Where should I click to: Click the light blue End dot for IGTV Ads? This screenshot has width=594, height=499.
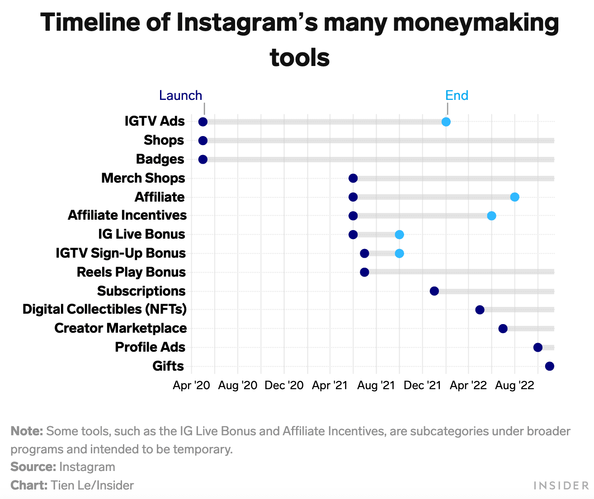click(446, 122)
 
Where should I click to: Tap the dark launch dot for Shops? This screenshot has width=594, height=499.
click(203, 141)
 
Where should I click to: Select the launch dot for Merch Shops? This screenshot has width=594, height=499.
click(353, 178)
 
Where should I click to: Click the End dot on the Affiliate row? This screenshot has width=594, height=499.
click(514, 197)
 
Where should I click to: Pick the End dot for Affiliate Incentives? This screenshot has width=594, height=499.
click(491, 216)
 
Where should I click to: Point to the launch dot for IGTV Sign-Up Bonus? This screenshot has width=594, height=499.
click(364, 253)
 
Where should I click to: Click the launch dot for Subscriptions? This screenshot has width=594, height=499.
click(434, 291)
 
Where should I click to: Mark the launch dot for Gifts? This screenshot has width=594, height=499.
click(549, 366)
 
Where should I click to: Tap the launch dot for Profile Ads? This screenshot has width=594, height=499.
click(537, 347)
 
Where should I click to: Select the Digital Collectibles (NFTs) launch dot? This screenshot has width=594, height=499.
click(480, 310)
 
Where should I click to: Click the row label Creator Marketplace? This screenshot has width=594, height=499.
click(120, 328)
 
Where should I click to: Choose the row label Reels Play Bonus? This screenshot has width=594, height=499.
click(131, 272)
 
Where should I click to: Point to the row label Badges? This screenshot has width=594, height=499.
click(160, 159)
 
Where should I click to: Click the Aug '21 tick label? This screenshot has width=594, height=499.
click(376, 386)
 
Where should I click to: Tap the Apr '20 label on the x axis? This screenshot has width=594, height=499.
click(192, 386)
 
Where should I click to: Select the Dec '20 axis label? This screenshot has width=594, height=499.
click(284, 386)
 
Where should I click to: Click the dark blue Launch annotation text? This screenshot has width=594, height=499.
click(180, 95)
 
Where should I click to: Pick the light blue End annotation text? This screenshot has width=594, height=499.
click(457, 95)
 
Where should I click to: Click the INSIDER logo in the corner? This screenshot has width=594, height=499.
click(561, 485)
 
